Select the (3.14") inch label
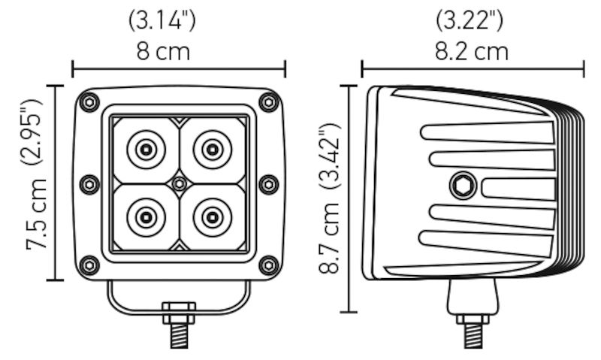pyautogui.click(x=163, y=20)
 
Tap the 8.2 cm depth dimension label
pyautogui.click(x=472, y=51)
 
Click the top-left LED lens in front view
pyautogui.click(x=144, y=150)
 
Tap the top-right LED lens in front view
pyautogui.click(x=211, y=150)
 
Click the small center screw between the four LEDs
pyautogui.click(x=178, y=183)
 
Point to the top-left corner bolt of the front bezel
pyautogui.click(x=90, y=101)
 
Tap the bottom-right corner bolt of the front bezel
pyautogui.click(x=267, y=265)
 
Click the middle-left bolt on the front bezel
pyautogui.click(x=89, y=183)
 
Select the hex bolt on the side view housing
pyautogui.click(x=461, y=184)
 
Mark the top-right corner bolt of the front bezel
pyautogui.click(x=267, y=101)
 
